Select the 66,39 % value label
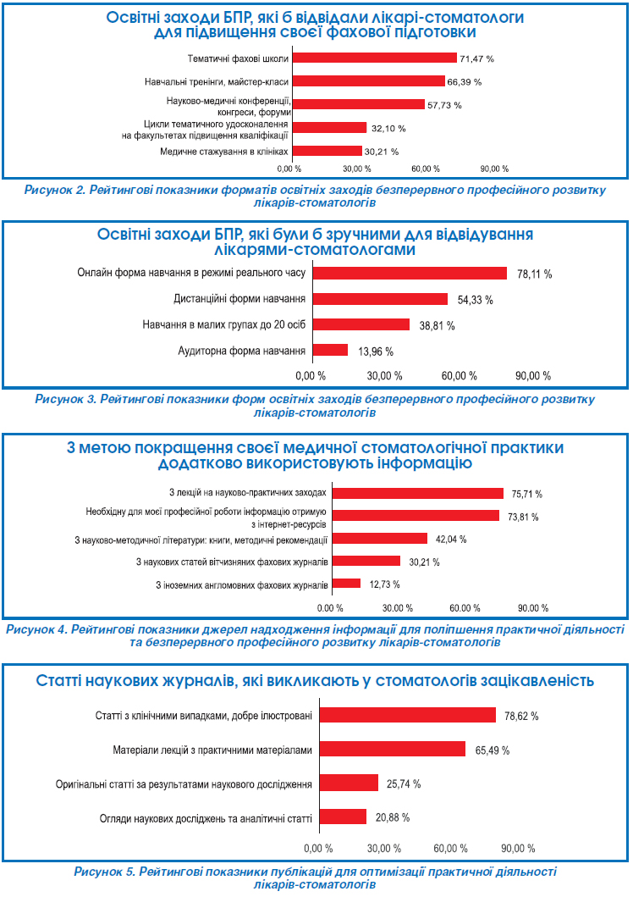pos(463,81)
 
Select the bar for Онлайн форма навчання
pos(410,273)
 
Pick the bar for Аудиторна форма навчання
pos(331,350)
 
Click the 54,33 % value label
pos(475,300)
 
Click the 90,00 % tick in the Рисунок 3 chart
pos(533,375)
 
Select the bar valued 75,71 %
pos(416,493)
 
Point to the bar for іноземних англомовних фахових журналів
pos(346,584)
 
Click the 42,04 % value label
pos(450,539)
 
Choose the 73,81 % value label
pos(523,516)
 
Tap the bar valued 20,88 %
pos(341,817)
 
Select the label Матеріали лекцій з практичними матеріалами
pos(212,750)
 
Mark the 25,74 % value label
pos(404,784)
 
